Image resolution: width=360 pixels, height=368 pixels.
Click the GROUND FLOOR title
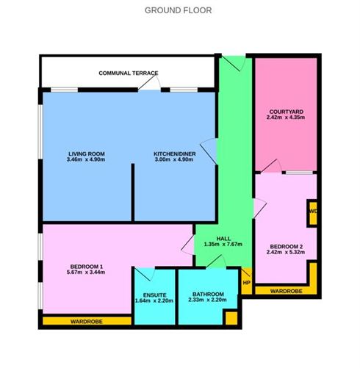pyautogui.click(x=178, y=10)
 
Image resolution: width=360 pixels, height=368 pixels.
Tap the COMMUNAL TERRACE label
pyautogui.click(x=129, y=73)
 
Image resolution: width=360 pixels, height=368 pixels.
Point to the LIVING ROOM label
pyautogui.click(x=87, y=154)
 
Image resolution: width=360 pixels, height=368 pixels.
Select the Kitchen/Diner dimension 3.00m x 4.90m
pyautogui.click(x=174, y=159)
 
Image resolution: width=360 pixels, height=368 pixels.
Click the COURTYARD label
pyautogui.click(x=286, y=112)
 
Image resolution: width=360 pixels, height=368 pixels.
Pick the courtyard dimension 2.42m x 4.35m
pyautogui.click(x=286, y=118)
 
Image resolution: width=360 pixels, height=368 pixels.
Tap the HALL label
pyautogui.click(x=223, y=239)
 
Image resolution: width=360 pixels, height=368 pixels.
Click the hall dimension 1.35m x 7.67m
pyautogui.click(x=223, y=244)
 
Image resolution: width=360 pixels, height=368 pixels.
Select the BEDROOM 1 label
pyautogui.click(x=87, y=267)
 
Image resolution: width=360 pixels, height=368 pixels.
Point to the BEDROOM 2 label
pyautogui.click(x=286, y=247)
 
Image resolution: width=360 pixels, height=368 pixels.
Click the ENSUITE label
pyautogui.click(x=154, y=295)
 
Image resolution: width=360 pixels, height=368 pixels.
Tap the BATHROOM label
pyautogui.click(x=208, y=294)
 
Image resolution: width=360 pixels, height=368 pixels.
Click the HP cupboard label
pyautogui.click(x=247, y=283)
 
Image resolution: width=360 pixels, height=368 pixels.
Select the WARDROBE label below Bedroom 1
pyautogui.click(x=87, y=322)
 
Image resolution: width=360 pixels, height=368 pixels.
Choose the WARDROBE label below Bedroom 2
pyautogui.click(x=286, y=291)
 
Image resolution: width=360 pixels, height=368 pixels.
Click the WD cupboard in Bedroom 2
pyautogui.click(x=313, y=212)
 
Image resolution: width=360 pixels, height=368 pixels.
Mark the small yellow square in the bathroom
pyautogui.click(x=231, y=318)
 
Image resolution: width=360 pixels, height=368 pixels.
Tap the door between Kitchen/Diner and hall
pyautogui.click(x=209, y=151)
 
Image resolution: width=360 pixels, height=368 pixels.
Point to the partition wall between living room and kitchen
pyautogui.click(x=133, y=192)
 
